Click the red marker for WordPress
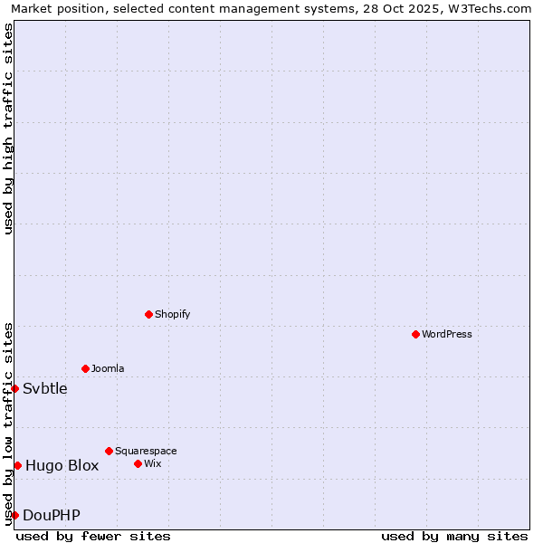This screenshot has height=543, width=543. pos(415,335)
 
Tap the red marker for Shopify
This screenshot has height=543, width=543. pos(148,315)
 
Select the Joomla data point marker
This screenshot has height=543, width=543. pos(85,368)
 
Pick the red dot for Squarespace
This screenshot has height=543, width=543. pos(109,451)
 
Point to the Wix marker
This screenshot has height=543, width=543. pos(138,463)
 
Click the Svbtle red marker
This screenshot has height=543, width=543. pos(15,388)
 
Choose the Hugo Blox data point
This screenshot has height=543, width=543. pos(17,465)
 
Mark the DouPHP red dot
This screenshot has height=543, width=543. pos(15,515)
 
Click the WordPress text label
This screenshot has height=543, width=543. pos(447,335)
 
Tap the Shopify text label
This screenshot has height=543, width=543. pos(172,315)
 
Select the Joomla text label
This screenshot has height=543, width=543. pos(108,368)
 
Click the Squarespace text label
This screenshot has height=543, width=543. pos(146,451)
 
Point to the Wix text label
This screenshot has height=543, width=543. pos(152,463)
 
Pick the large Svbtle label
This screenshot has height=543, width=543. pos(45,389)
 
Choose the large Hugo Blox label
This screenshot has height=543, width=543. pos(62,466)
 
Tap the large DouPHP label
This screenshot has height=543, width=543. pos(52,516)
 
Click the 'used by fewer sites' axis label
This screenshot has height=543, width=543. pos(93,536)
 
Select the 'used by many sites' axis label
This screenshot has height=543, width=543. pos(454,536)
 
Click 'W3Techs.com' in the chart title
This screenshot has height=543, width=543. pos(493,9)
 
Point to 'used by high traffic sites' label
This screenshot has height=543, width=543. pos(9,129)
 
